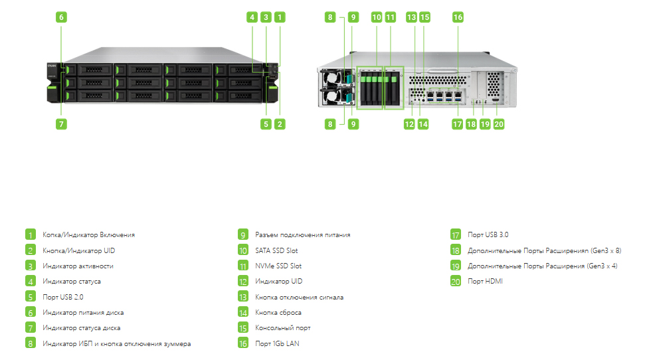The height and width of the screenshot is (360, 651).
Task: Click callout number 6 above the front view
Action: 61,17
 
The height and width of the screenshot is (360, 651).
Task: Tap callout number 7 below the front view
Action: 61,124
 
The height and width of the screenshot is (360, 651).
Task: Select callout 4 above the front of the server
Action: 252,17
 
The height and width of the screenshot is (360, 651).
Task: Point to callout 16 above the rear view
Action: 458,17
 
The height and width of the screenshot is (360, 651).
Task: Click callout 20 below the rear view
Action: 499,124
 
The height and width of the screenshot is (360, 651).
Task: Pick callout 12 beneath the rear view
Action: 409,124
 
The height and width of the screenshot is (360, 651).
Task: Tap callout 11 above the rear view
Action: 391,17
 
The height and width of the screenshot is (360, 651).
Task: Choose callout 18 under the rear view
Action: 471,124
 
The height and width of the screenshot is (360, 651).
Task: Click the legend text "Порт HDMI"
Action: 485,281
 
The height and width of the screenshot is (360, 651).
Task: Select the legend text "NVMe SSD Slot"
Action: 278,266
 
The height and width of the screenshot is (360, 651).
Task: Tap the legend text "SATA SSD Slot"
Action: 276,250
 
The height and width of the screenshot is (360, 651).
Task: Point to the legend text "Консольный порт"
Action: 283,328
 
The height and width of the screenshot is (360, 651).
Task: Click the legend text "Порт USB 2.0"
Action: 62,297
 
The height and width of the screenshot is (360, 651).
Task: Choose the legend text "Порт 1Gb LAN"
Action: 277,343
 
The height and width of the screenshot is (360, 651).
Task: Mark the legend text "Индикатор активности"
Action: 78,266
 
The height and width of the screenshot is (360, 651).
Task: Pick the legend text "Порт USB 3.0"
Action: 488,234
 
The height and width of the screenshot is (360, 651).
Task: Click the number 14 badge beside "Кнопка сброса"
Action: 243,312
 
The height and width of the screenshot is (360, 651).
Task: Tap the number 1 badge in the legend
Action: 31,234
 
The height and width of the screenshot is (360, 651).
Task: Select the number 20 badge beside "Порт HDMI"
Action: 456,281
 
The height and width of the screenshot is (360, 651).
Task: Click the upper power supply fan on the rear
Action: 331,78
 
